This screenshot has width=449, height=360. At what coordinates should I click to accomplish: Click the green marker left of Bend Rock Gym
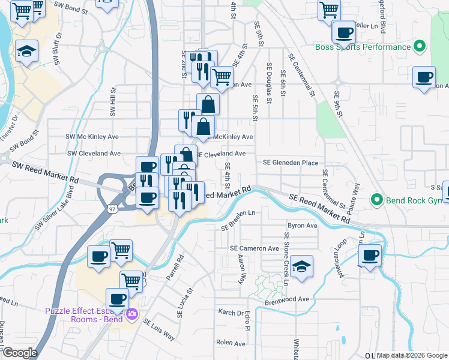(377, 199)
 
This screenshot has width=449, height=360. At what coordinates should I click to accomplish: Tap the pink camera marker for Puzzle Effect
(131, 313)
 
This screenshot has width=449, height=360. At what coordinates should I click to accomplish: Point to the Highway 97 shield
(112, 208)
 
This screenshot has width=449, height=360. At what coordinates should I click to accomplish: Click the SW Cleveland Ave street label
(94, 154)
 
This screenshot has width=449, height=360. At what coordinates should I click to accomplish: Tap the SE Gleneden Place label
(291, 163)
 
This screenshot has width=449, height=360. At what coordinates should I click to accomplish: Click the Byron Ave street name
(303, 226)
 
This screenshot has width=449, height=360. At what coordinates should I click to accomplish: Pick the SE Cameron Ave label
(255, 248)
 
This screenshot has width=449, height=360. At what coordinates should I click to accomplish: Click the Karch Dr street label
(231, 313)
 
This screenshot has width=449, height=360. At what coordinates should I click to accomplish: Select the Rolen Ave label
(231, 344)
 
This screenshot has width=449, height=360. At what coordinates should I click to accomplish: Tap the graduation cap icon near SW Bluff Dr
(26, 51)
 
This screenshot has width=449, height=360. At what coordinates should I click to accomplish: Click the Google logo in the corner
(19, 353)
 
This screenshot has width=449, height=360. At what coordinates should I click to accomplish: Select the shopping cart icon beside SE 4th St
(221, 77)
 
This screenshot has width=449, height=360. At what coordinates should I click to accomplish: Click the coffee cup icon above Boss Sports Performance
(345, 33)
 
